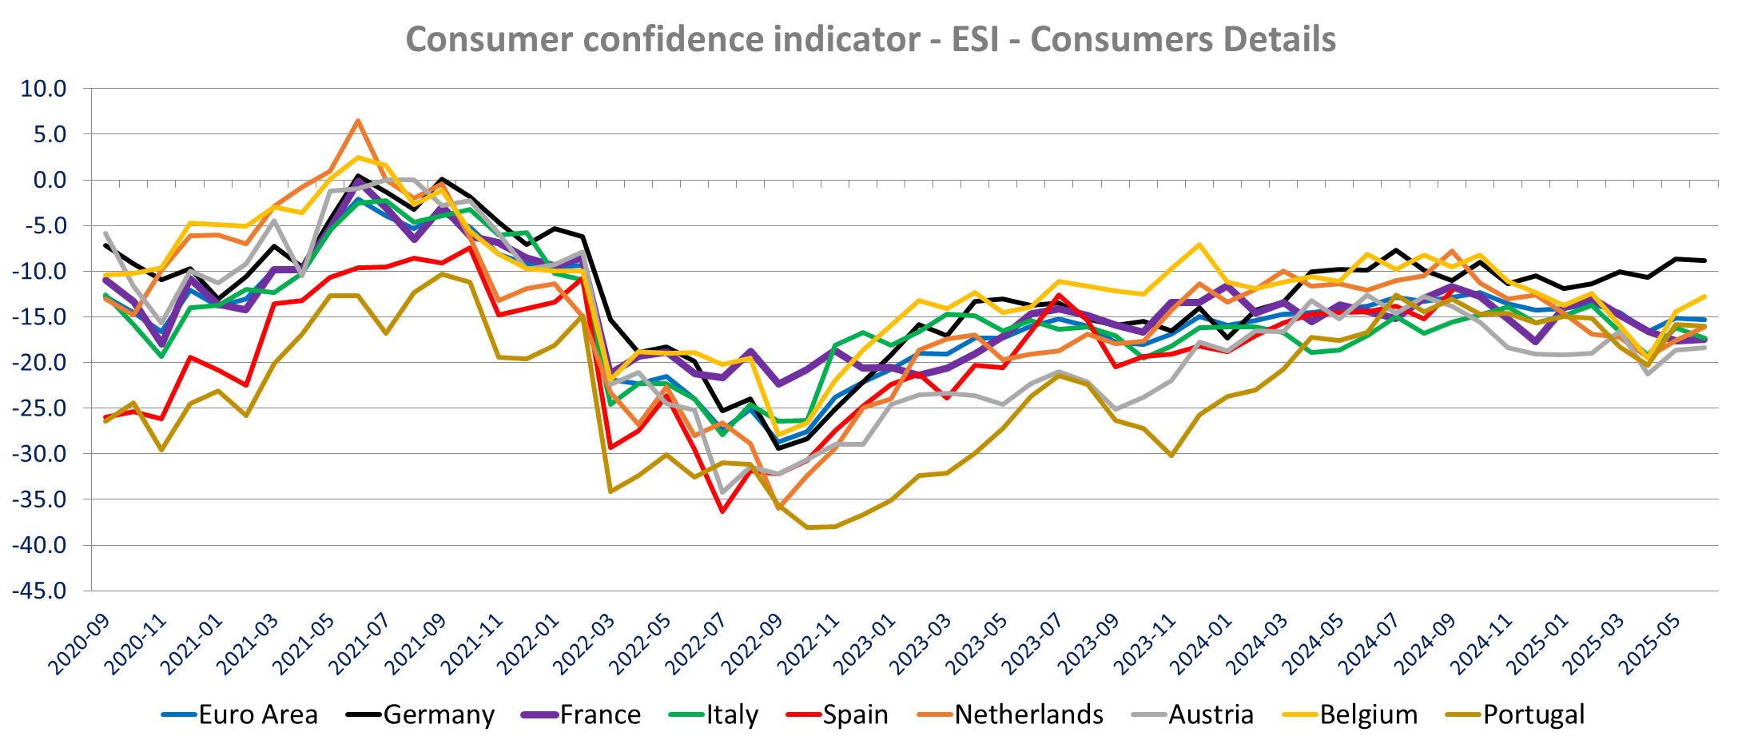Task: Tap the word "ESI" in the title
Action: click(x=975, y=39)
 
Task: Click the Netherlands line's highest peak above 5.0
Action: click(x=358, y=121)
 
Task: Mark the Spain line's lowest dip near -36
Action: click(x=722, y=511)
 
